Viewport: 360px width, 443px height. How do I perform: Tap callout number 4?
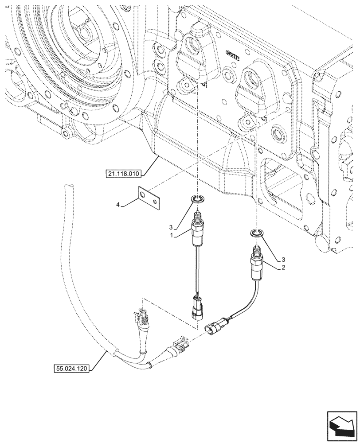pos(117,205)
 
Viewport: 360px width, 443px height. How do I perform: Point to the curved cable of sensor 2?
pos(244,310)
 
